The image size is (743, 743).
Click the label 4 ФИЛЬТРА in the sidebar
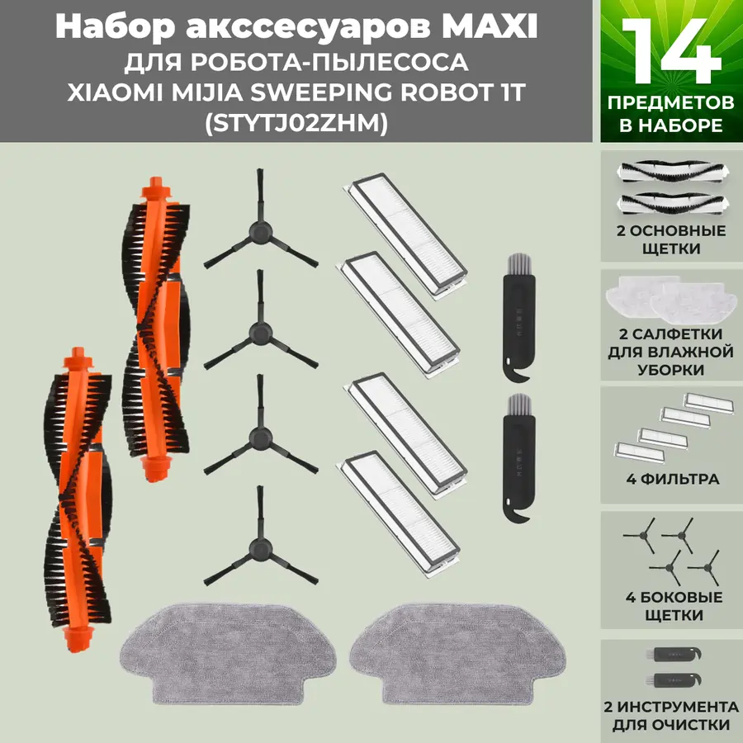669,479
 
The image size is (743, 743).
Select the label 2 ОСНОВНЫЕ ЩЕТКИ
671,239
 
